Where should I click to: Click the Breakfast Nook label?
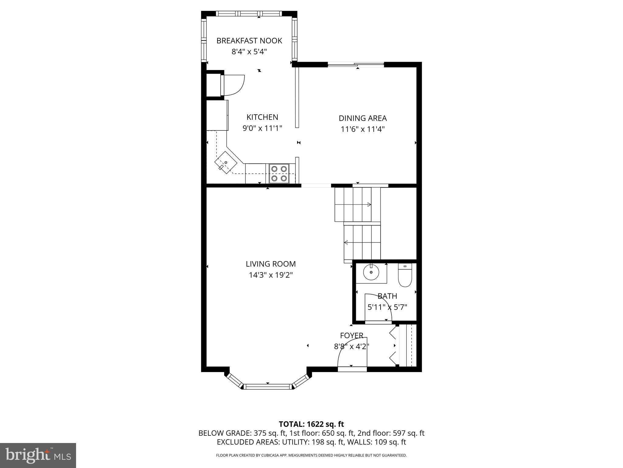249,41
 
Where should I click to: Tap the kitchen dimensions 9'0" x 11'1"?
262,128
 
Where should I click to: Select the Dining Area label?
363,118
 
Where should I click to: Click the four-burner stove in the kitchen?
279,173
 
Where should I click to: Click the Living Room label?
270,264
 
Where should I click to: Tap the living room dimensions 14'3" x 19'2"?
270,275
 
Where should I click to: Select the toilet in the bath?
405,276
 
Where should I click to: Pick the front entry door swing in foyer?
353,353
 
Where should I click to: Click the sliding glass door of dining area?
356,64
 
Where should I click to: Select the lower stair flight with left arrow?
362,243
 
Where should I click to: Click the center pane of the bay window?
268,386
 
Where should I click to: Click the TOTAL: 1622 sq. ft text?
311,424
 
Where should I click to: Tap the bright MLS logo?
38,455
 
